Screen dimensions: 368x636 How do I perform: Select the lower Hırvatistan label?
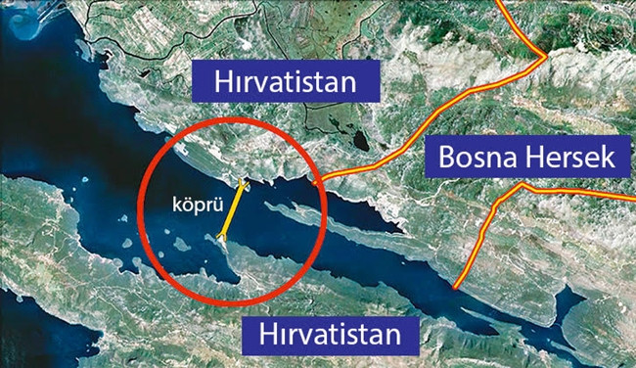pos(331,335)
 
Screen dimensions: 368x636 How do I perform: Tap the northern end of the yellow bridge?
pos(244,185)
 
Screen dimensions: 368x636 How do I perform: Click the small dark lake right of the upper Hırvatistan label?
pos(360,141)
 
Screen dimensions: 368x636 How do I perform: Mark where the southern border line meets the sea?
pos(456,288)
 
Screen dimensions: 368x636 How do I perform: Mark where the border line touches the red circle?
pos(315,182)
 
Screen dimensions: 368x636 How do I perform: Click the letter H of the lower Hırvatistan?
pos(270,335)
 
